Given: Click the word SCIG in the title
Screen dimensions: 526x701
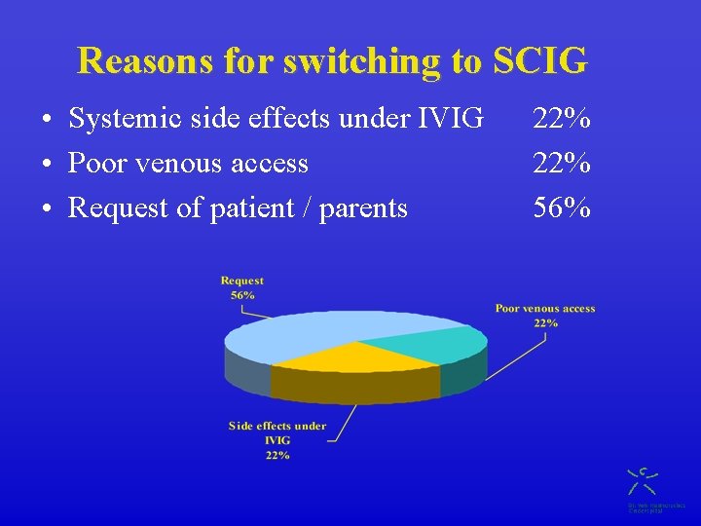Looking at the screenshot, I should pos(540,60).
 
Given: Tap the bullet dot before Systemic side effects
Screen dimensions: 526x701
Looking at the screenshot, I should pos(47,121).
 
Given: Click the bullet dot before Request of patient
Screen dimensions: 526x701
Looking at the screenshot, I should pos(47,208).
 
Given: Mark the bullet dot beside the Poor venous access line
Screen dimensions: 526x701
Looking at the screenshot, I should pos(47,165).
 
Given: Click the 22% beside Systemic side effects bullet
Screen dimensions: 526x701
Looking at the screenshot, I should pos(561,119).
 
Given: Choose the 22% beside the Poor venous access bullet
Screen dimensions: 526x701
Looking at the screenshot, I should pos(561,163).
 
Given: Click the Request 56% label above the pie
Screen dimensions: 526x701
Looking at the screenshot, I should pos(242,287).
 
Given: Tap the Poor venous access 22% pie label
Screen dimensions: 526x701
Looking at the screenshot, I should pos(545,315).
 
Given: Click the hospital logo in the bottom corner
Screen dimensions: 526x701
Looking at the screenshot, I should pos(643,482).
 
